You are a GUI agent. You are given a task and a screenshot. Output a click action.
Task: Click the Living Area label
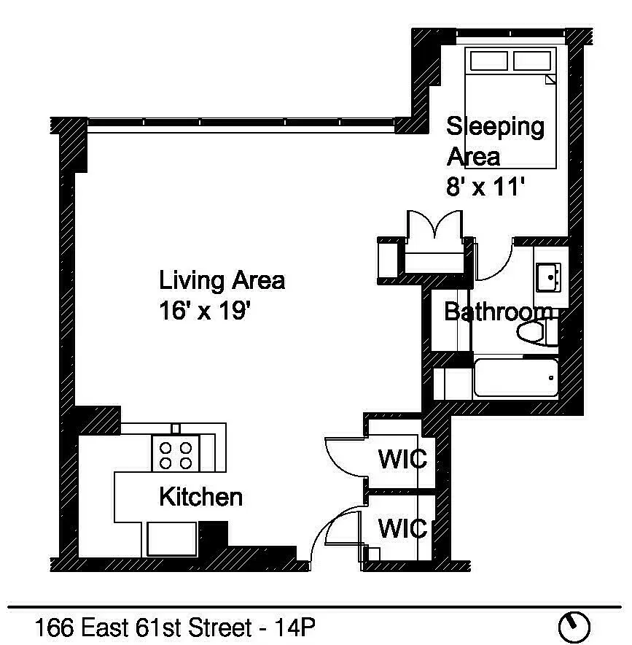pyautogui.click(x=222, y=280)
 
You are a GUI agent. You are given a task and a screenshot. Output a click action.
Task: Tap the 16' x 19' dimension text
pyautogui.click(x=205, y=311)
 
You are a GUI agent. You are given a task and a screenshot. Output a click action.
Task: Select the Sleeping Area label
pyautogui.click(x=495, y=141)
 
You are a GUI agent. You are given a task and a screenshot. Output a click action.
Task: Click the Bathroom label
pyautogui.click(x=499, y=312)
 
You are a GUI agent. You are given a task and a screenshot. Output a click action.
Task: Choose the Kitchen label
pyautogui.click(x=200, y=497)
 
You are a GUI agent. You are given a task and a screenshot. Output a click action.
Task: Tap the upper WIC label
pyautogui.click(x=402, y=459)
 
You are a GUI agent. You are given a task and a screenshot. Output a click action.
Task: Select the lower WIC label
pyautogui.click(x=402, y=528)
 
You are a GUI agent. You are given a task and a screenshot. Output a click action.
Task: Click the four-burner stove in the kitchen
pyautogui.click(x=176, y=453)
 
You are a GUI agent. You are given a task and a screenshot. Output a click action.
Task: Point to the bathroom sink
pyautogui.click(x=549, y=278)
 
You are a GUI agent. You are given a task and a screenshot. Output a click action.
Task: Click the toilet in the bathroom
pyautogui.click(x=537, y=332)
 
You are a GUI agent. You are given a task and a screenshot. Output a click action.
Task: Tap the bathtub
pyautogui.click(x=516, y=378)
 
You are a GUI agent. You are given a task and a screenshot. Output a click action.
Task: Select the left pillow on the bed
pyautogui.click(x=488, y=61)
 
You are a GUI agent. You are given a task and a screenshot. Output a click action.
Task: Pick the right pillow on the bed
pyautogui.click(x=532, y=61)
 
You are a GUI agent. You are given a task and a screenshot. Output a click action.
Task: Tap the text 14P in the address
pyautogui.click(x=294, y=627)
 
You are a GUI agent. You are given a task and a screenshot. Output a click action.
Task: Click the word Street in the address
pyautogui.click(x=220, y=627)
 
